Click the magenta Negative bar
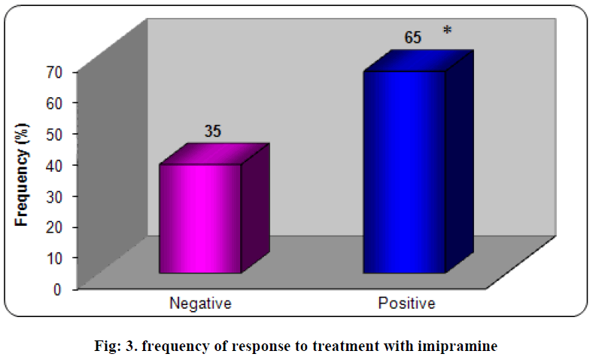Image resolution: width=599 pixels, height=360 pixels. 200,218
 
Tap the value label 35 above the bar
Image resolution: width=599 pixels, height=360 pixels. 213,131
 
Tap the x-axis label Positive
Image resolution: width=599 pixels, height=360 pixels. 406,304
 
